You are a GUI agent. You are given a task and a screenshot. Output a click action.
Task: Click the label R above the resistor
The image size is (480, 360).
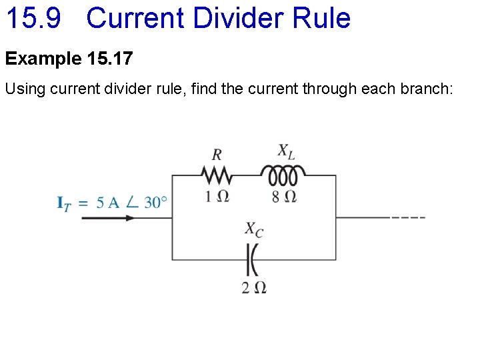217,155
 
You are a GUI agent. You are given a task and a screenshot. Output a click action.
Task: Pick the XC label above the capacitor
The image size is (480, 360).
253,230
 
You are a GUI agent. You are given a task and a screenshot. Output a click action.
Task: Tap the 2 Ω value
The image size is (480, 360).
254,288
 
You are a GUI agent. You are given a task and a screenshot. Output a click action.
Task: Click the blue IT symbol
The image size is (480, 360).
64,203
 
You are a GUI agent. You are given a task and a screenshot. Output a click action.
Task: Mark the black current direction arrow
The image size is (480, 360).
107,217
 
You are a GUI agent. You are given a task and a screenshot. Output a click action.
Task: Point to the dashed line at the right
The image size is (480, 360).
408,217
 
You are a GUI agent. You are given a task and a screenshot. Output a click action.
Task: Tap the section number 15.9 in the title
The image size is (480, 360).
33,18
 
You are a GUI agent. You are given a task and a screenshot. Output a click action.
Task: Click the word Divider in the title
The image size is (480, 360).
221,18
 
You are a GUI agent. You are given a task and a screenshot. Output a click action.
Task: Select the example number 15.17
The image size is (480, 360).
110,59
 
